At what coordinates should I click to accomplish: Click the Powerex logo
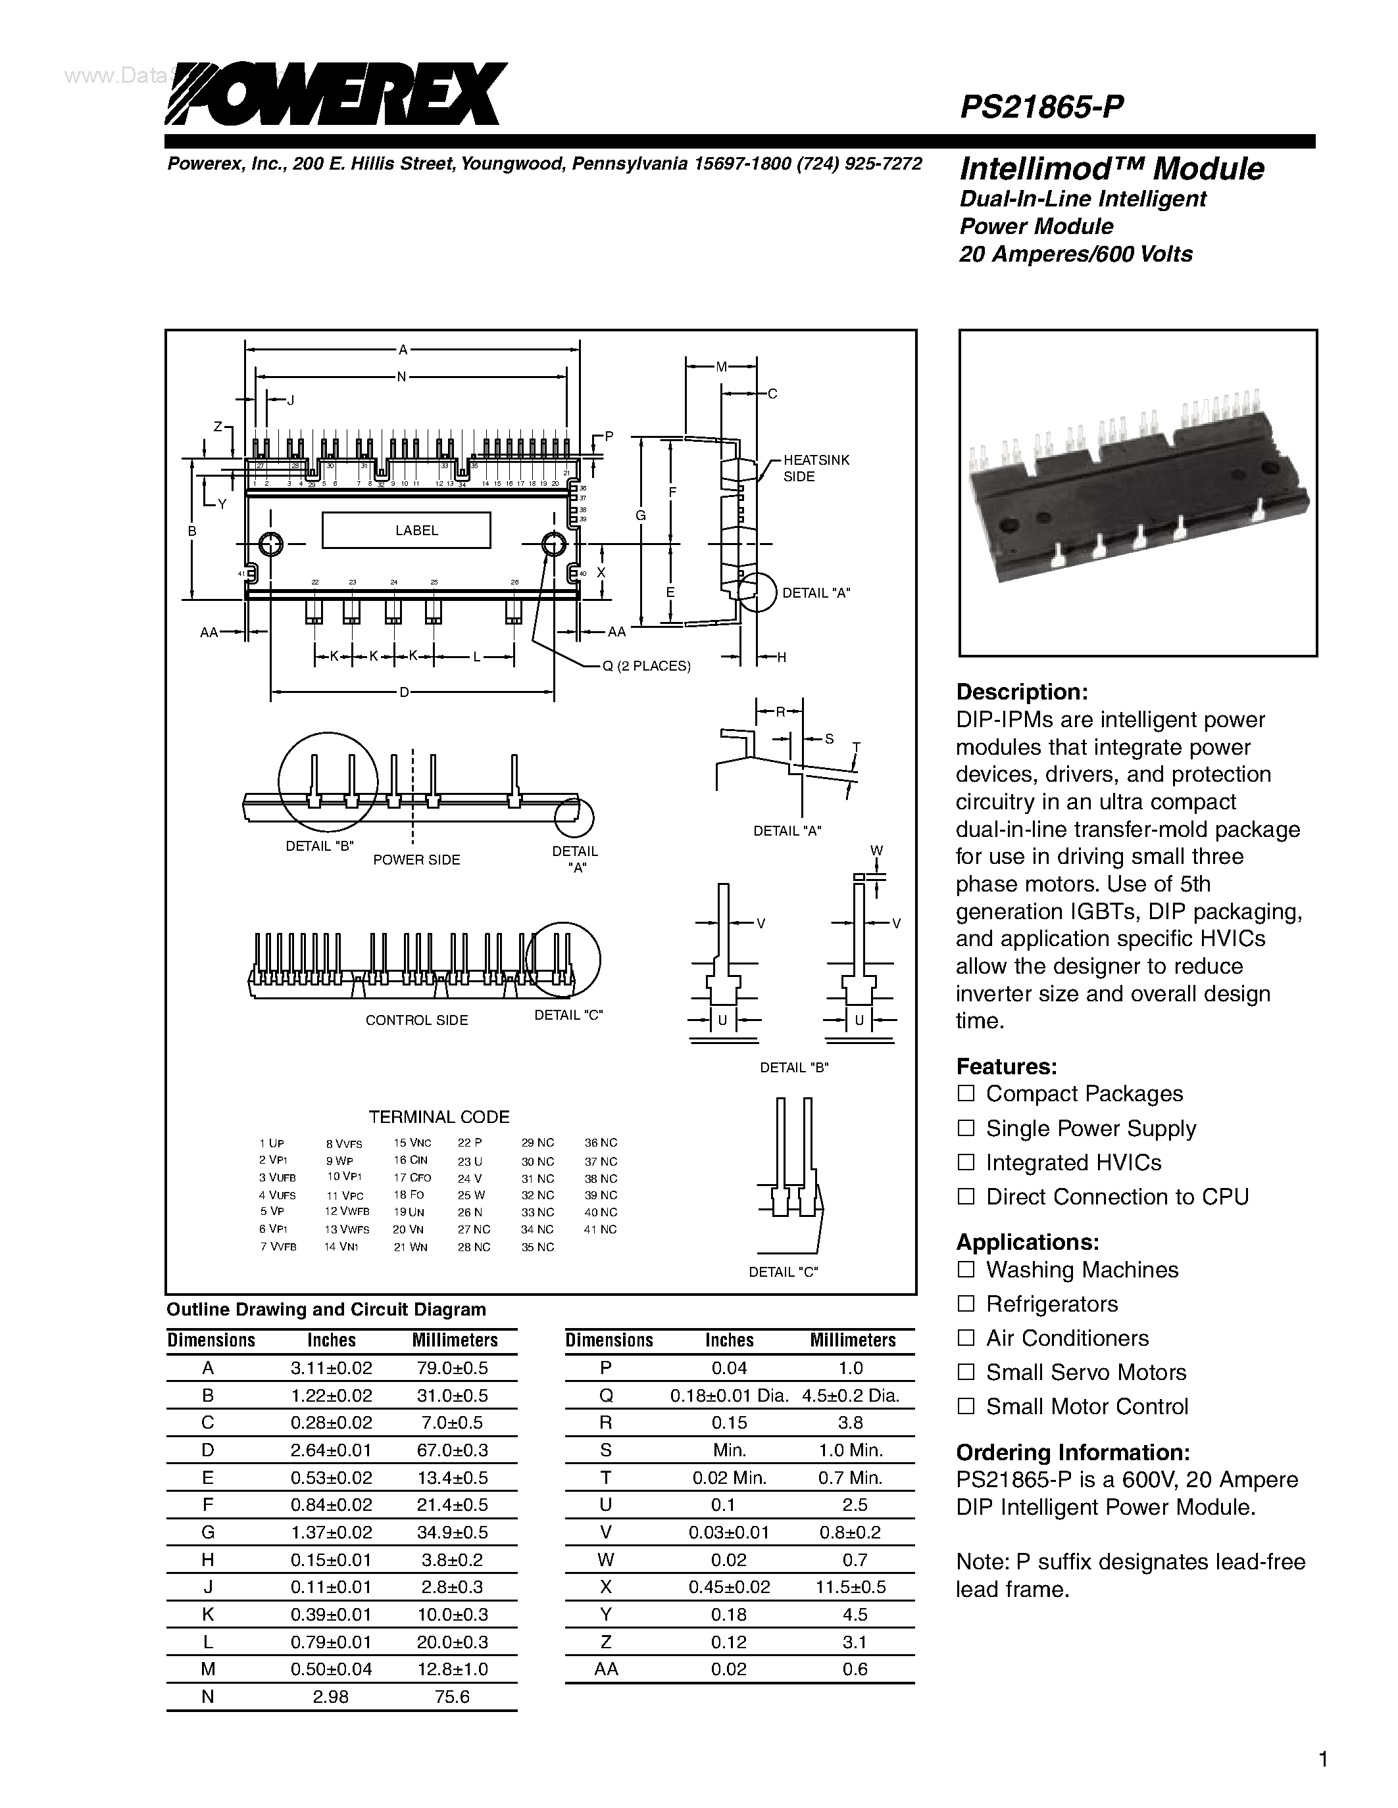[336, 93]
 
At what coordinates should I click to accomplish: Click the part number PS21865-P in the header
[1041, 107]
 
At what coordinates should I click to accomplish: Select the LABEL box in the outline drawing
[406, 530]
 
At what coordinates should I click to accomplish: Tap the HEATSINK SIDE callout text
[815, 467]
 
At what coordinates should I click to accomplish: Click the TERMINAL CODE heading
[439, 1117]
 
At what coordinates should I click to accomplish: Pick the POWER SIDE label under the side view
[416, 859]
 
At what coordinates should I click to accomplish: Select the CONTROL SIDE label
[416, 1020]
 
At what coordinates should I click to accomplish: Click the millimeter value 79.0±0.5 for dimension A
[452, 1368]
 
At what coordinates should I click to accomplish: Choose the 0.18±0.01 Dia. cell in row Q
[729, 1395]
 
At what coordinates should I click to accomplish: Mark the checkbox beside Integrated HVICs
[966, 1162]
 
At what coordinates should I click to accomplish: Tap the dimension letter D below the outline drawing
[404, 692]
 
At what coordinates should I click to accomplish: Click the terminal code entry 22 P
[469, 1143]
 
